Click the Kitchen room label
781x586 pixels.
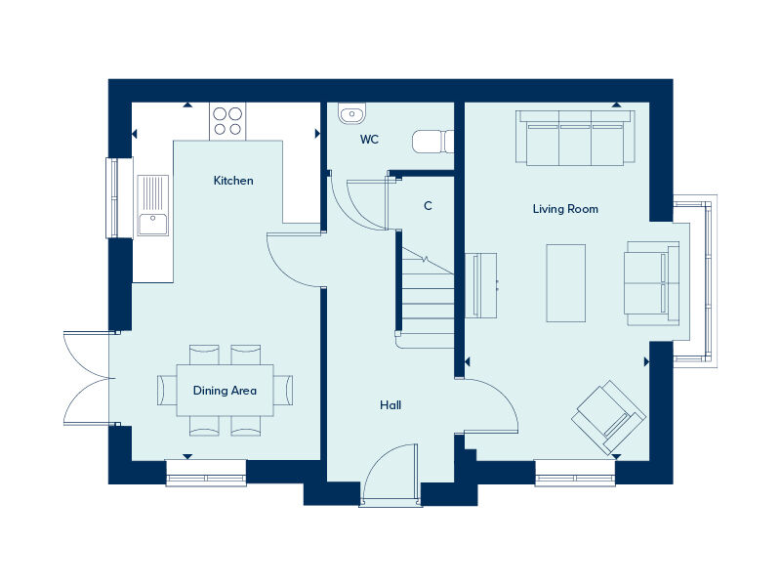click(x=233, y=181)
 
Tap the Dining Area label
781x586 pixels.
click(x=225, y=391)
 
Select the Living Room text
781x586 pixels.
click(x=565, y=209)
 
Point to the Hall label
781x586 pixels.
click(x=390, y=405)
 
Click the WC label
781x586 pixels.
click(x=369, y=140)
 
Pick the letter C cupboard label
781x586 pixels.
click(x=428, y=206)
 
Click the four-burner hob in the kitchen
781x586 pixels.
click(x=226, y=121)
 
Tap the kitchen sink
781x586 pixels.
click(x=152, y=205)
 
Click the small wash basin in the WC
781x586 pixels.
click(x=350, y=115)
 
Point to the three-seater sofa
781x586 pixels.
click(x=575, y=137)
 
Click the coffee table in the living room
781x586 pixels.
click(x=565, y=282)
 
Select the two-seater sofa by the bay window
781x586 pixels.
click(x=650, y=283)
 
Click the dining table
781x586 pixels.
click(x=225, y=390)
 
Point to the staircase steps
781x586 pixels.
click(x=428, y=293)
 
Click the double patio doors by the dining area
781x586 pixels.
click(x=86, y=377)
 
